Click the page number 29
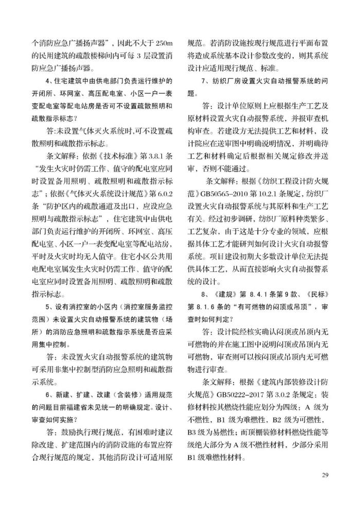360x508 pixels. (325, 474)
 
